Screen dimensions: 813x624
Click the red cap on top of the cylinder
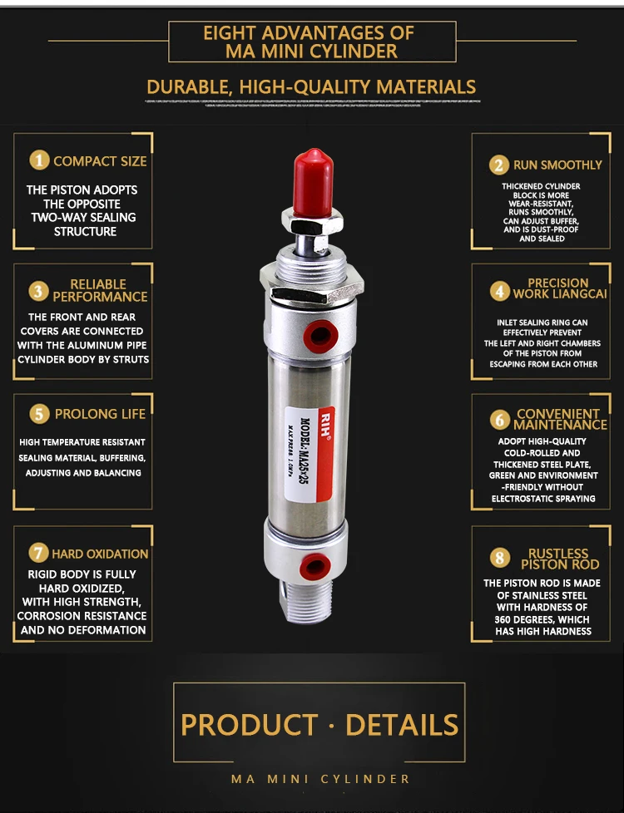[314, 184]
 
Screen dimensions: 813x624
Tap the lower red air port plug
[314, 568]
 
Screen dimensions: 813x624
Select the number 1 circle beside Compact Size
[39, 160]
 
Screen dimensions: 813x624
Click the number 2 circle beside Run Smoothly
[498, 165]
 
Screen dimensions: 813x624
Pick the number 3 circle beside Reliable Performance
[39, 290]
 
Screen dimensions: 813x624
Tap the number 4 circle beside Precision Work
[498, 291]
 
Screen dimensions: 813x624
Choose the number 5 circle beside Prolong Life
[39, 414]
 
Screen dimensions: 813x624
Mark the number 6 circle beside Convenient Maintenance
[498, 419]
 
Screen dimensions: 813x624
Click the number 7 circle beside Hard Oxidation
[39, 553]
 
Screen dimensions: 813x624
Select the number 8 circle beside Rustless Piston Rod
[498, 558]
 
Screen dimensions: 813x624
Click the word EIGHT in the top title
[230, 33]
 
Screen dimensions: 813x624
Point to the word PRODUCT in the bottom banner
[249, 724]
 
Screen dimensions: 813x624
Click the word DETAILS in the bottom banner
[402, 724]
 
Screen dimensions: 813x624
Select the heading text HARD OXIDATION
[100, 554]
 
